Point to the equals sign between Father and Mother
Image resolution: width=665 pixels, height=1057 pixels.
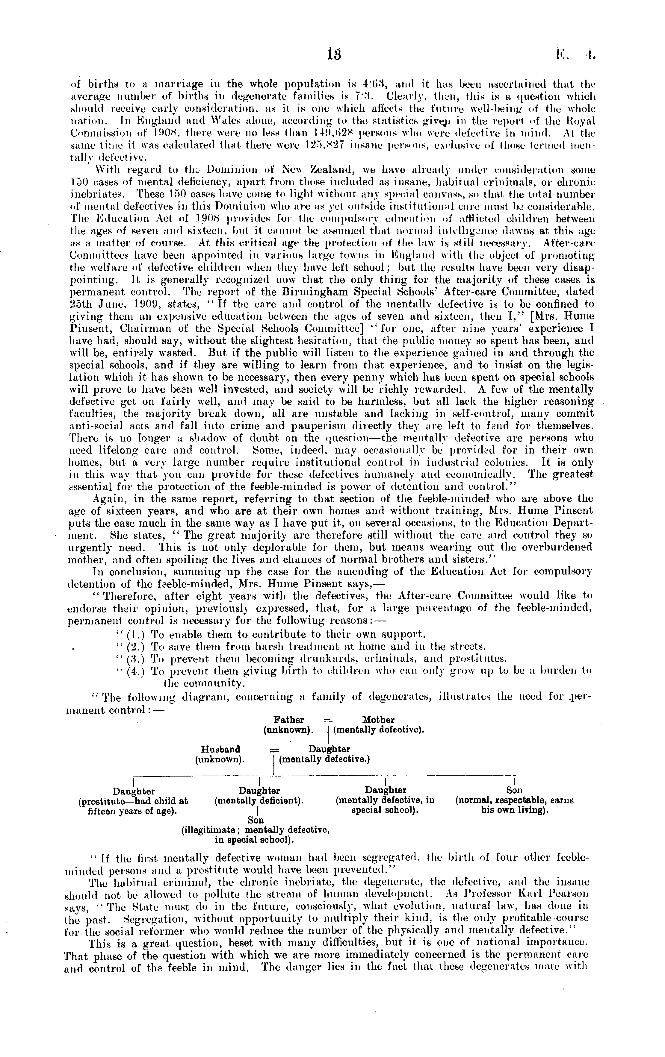[x=327, y=720]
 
